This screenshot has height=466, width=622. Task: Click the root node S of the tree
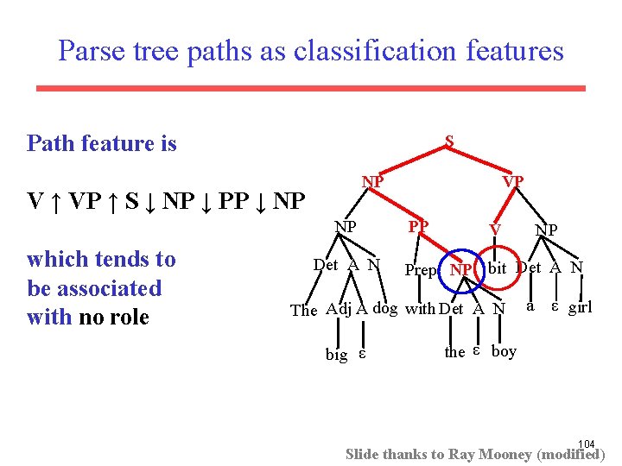tap(449, 140)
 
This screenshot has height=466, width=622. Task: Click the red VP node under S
tap(513, 182)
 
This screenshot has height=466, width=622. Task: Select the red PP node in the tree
tap(419, 227)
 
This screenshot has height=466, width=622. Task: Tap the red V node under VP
tap(495, 229)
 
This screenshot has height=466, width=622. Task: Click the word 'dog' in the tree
tap(385, 309)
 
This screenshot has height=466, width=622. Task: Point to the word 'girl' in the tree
tap(580, 306)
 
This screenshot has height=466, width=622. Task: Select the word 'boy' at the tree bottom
tap(504, 350)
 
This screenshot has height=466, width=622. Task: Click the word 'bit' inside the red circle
tap(497, 268)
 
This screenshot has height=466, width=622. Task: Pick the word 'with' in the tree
tap(421, 309)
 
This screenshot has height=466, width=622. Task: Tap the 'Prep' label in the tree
tap(422, 270)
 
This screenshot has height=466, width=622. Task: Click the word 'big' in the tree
tap(337, 355)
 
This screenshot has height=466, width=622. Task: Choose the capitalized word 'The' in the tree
tap(304, 311)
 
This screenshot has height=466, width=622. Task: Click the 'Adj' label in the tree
tap(340, 310)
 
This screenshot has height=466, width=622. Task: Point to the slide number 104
tap(587, 444)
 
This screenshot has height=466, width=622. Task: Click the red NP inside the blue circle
tap(461, 270)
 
